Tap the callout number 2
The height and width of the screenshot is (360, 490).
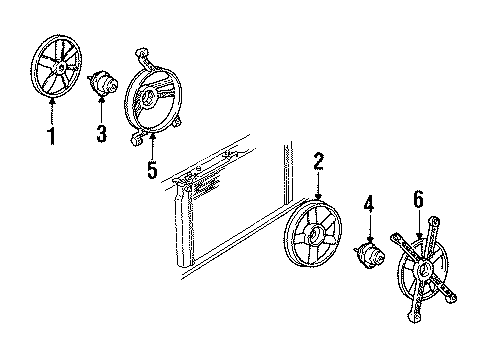click(x=318, y=160)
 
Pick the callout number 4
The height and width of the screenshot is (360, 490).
click(x=369, y=207)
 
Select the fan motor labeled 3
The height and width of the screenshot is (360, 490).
click(x=103, y=83)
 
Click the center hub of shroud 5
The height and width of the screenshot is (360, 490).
click(x=147, y=97)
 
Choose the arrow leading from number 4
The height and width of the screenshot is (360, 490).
click(x=369, y=230)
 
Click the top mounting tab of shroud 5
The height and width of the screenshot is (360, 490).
click(x=141, y=50)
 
